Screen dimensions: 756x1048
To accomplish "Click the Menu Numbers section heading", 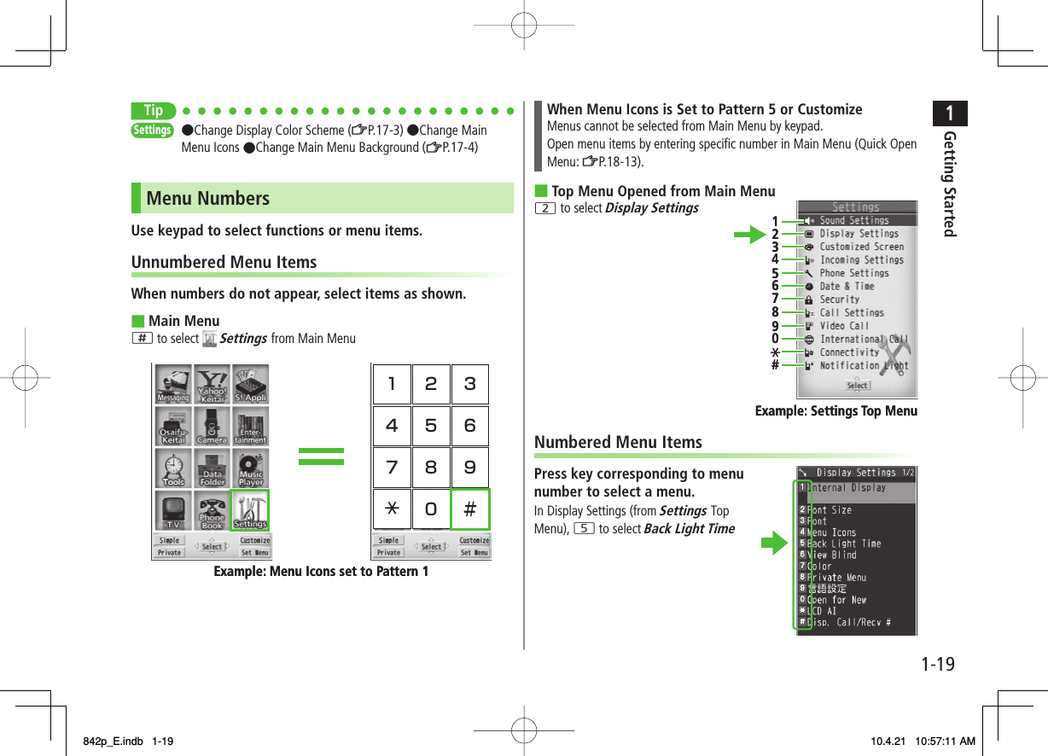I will pos(208,198).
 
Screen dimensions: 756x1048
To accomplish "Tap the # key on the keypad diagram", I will pos(469,509).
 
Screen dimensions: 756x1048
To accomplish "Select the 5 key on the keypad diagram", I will pos(430,426).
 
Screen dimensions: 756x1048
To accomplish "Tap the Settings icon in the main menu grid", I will pos(250,510).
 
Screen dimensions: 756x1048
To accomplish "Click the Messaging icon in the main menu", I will pos(173,385).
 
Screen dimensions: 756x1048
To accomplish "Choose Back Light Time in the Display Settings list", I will pos(844,544).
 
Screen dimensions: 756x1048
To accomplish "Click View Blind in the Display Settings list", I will pos(831,555).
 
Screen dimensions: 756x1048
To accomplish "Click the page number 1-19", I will pos(938,664).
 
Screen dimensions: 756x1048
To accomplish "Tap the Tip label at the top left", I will pos(154,111).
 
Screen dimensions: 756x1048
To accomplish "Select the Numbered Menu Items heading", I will pos(618,442).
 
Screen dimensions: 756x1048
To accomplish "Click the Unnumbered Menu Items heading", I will pos(224,262).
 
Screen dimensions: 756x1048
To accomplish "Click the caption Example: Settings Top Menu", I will pos(835,411).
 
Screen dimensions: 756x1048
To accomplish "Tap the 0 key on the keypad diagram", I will pos(430,509).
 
